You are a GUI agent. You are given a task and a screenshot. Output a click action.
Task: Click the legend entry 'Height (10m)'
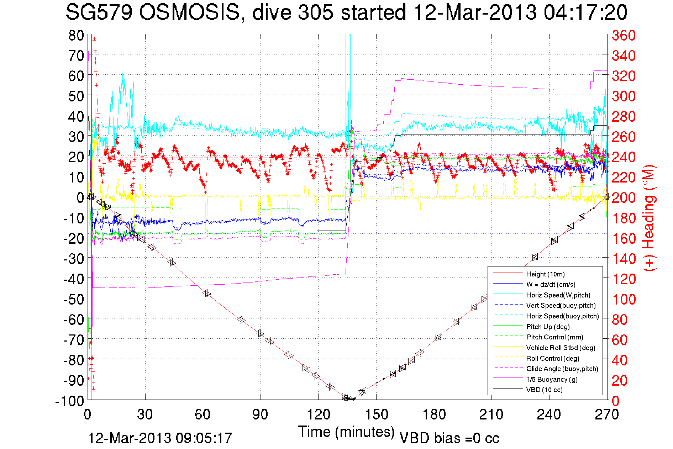(545, 274)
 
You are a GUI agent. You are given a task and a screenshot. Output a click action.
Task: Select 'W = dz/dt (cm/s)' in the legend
(551, 284)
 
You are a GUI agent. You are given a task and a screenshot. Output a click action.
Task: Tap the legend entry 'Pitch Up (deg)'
(548, 327)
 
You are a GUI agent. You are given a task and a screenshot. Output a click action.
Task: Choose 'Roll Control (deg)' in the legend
(552, 358)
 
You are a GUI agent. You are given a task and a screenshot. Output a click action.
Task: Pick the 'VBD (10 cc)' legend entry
(544, 390)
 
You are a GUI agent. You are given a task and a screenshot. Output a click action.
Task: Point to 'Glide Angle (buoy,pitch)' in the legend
(562, 369)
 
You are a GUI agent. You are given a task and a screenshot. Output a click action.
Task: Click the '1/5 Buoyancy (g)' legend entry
(552, 379)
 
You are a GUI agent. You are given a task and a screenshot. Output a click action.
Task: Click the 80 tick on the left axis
(76, 35)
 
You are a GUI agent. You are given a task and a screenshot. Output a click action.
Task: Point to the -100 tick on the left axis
(70, 401)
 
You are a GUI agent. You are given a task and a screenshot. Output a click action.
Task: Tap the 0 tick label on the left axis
(80, 197)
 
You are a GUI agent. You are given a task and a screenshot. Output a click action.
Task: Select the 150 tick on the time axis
(376, 414)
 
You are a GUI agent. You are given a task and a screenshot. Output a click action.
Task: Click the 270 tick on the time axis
(606, 414)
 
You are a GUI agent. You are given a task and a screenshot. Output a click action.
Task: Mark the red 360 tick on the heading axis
(624, 35)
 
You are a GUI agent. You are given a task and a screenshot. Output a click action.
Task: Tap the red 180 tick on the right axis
(624, 218)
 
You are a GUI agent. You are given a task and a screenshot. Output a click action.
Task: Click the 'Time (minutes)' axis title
(346, 432)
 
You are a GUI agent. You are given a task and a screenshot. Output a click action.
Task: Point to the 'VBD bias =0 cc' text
(449, 438)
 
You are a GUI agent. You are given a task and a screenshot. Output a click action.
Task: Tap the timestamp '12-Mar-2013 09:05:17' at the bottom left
(160, 438)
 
